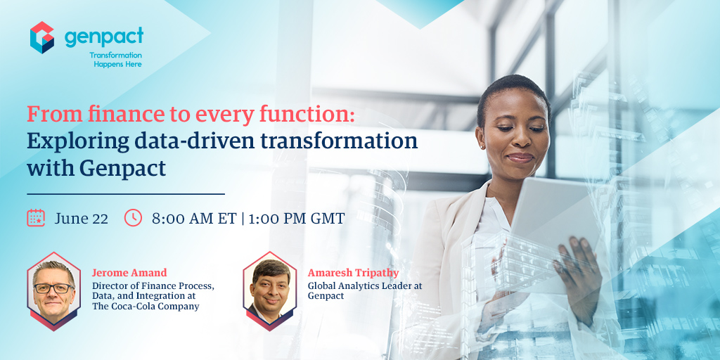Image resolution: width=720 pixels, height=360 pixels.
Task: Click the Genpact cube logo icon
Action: [x=42, y=37]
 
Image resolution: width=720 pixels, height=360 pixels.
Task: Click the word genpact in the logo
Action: [x=103, y=36]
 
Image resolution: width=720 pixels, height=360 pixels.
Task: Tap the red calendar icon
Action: [x=36, y=217]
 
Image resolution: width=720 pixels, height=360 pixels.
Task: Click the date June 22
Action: [x=81, y=218]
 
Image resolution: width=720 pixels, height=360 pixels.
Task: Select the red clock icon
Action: [x=133, y=217]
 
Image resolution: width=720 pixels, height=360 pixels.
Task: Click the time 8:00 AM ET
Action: [x=194, y=218]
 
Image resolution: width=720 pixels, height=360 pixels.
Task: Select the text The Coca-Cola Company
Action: [x=146, y=306]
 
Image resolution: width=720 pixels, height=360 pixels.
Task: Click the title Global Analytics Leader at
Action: [x=364, y=285]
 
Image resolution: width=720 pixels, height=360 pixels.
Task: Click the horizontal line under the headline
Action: [x=126, y=193]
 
